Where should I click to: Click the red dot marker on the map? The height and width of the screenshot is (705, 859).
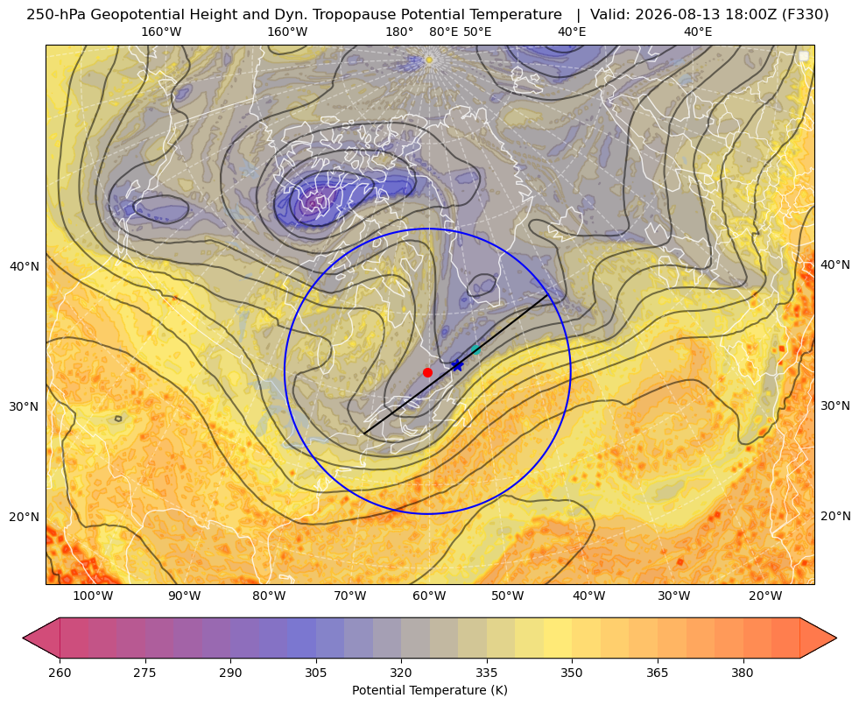pos(427,372)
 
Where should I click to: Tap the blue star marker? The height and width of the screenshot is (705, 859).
pos(457,365)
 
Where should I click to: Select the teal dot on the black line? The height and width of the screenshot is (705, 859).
pos(475,349)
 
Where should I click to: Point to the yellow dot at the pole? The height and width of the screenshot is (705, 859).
pos(429,60)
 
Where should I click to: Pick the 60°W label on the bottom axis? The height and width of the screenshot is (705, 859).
pos(429,596)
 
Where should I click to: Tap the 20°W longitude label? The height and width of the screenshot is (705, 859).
pos(765,596)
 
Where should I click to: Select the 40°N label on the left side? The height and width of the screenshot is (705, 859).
pos(25,266)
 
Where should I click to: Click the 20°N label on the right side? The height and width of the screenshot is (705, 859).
pos(835,516)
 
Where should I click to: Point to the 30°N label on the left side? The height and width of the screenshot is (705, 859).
pos(25,406)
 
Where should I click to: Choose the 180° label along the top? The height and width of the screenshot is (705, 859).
pos(399,32)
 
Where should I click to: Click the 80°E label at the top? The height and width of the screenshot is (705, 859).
pos(443,32)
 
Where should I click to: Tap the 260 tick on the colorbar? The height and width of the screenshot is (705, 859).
pos(60,673)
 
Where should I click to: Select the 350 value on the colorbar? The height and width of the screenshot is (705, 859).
pos(572,673)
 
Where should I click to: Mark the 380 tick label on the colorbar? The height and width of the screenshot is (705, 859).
pos(743,673)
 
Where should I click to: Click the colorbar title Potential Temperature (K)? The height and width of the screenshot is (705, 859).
pos(429,690)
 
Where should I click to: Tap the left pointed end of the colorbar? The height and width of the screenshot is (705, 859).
pos(23,638)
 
